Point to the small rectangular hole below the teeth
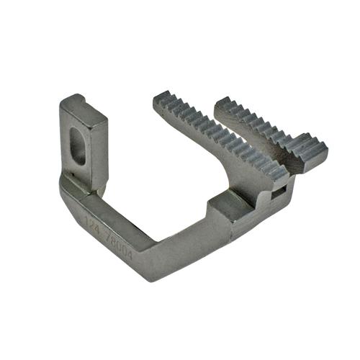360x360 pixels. (x=276, y=194)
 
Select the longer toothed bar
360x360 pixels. (x=220, y=137)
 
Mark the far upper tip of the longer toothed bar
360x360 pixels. (x=160, y=98)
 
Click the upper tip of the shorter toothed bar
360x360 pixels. (x=220, y=102)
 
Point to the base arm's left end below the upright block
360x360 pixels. (x=72, y=189)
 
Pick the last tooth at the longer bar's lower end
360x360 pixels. (x=281, y=173)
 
